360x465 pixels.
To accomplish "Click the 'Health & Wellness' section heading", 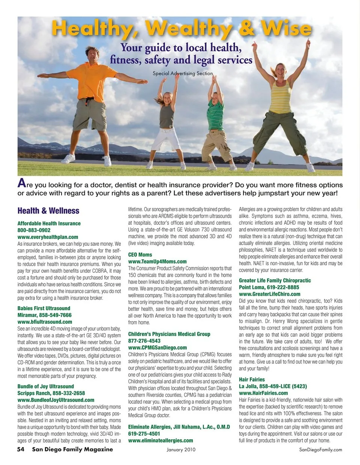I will point(48,211).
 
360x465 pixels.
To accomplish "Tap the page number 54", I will point(21,449).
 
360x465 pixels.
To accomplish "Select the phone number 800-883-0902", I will point(34,230).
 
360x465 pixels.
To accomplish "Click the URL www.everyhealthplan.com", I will point(48,237).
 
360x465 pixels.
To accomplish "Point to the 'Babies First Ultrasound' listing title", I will point(44,308).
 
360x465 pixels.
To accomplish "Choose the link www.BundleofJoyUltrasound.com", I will point(56,400).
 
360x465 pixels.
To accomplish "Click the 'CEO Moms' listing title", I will point(140,255).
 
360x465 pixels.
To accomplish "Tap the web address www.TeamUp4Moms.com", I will point(157,262).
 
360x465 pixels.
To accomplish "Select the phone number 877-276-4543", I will point(144,341).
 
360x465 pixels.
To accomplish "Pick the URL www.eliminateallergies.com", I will point(160,441).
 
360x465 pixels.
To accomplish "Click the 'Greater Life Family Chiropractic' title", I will point(275,280).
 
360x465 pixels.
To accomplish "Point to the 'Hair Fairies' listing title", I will point(252,380).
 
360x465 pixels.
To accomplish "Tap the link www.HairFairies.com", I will point(263,393).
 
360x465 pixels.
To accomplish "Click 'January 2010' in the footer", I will point(181,450).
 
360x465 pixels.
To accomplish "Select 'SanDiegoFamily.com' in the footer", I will point(321,450).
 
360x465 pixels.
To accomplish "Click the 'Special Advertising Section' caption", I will point(183,73).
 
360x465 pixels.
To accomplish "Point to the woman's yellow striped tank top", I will point(280,97).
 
